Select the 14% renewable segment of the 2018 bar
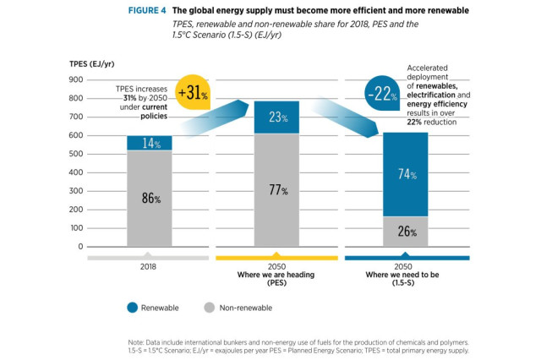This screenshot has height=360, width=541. [149, 144]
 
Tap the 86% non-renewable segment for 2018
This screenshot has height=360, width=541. [149, 199]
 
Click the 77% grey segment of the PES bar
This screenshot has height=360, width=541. [276, 190]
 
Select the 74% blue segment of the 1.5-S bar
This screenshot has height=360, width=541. [406, 174]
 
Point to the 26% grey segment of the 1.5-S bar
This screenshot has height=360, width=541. [406, 232]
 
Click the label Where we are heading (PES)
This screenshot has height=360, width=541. [276, 275]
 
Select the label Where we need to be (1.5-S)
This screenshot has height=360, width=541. [406, 275]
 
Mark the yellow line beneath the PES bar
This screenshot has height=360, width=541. [276, 256]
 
